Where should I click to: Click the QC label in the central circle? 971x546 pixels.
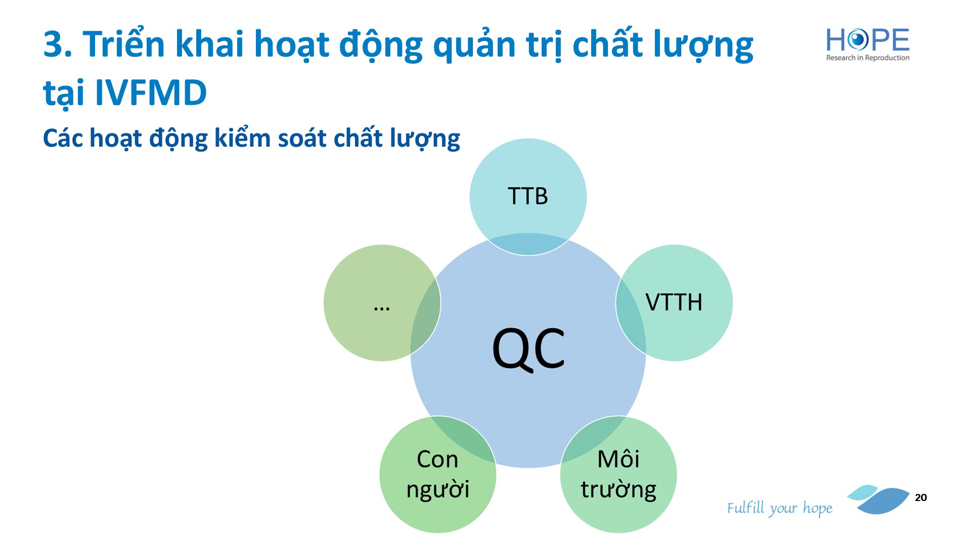click(528, 349)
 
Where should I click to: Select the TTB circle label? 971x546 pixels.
click(527, 196)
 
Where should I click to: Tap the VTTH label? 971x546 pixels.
click(674, 302)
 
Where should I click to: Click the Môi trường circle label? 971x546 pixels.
click(619, 474)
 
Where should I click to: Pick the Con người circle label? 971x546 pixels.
click(438, 474)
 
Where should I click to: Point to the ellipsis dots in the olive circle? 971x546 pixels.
click(381, 308)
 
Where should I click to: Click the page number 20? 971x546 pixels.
click(921, 497)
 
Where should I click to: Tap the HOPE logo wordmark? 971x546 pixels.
click(868, 40)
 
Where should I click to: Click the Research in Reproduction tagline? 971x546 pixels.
click(868, 58)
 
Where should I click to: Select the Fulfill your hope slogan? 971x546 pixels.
click(779, 508)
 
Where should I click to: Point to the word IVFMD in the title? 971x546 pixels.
click(151, 93)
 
